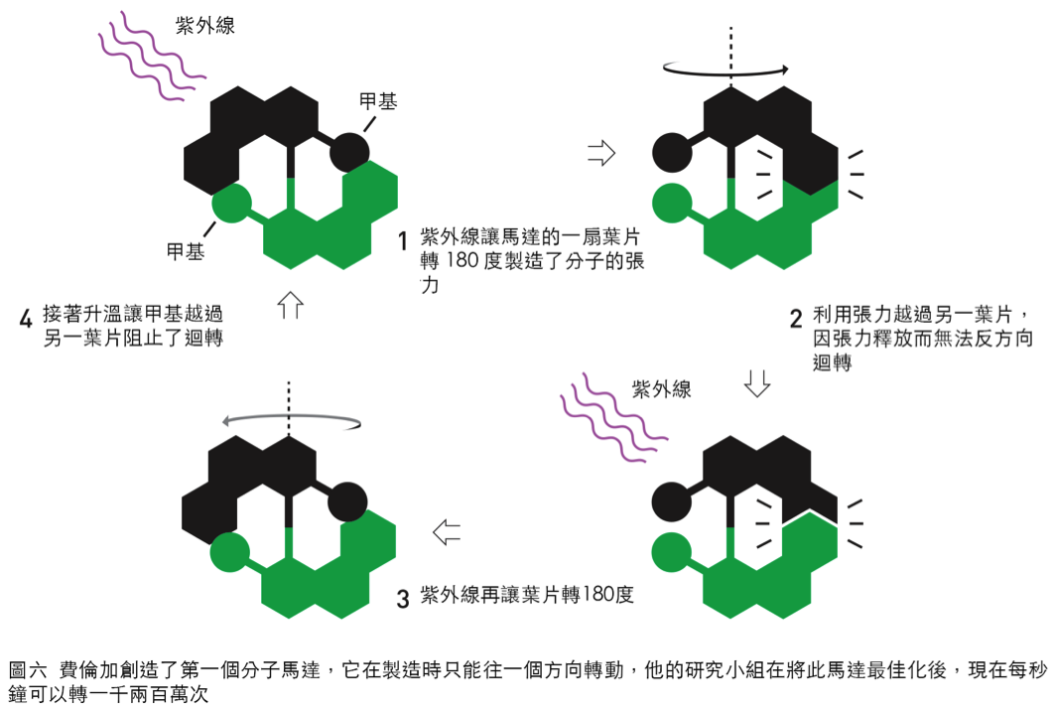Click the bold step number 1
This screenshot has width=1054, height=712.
[x=403, y=240]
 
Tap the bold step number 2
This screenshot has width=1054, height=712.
[x=796, y=319]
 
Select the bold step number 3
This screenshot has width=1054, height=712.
[x=403, y=599]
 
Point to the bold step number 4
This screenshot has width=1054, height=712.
[x=26, y=319]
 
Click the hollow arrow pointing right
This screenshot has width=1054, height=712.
[x=601, y=153]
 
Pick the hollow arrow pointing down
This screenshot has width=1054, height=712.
[x=757, y=383]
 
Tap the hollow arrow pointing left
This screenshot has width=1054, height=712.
[x=447, y=532]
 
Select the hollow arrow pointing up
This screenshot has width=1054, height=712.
[x=291, y=305]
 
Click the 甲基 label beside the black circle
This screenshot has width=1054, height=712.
[x=378, y=101]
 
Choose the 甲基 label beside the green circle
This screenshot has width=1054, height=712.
[x=186, y=252]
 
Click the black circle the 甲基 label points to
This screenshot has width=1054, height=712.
[x=349, y=152]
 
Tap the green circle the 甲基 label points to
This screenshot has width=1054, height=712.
[x=232, y=203]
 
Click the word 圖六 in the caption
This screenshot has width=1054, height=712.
[x=28, y=670]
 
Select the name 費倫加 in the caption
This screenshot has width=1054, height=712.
[x=89, y=670]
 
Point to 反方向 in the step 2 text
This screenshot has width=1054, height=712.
[x=1003, y=339]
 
